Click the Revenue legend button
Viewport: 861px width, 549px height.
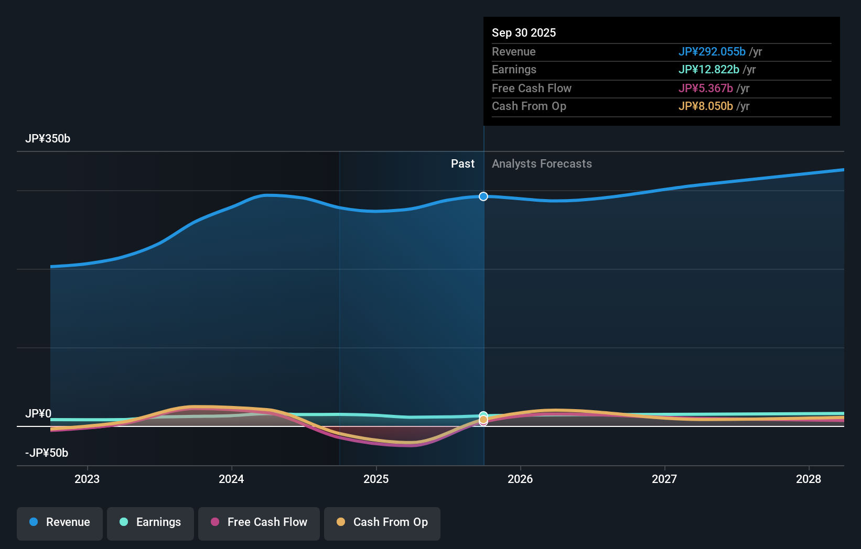60,522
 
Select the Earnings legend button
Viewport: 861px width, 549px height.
150,522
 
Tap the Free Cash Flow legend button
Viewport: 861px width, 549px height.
259,522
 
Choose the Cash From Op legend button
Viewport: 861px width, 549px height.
382,522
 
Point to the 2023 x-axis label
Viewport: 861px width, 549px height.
87,479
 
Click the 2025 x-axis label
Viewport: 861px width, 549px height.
376,479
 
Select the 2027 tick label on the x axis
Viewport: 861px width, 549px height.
664,479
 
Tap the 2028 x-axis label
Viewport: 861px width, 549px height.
809,479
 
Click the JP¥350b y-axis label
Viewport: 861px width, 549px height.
48,139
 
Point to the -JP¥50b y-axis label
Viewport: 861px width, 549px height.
47,453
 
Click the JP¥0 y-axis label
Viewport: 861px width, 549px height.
38,414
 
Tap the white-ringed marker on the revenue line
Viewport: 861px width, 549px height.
483,196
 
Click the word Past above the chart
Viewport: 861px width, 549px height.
462,164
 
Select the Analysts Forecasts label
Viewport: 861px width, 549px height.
542,164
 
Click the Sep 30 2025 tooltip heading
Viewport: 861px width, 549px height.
524,33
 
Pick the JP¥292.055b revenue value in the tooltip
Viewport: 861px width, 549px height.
712,52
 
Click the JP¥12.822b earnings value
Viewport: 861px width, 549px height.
708,70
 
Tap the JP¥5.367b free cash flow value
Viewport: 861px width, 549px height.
705,89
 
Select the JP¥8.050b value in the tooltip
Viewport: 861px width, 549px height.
705,106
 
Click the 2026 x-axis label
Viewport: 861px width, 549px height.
520,479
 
